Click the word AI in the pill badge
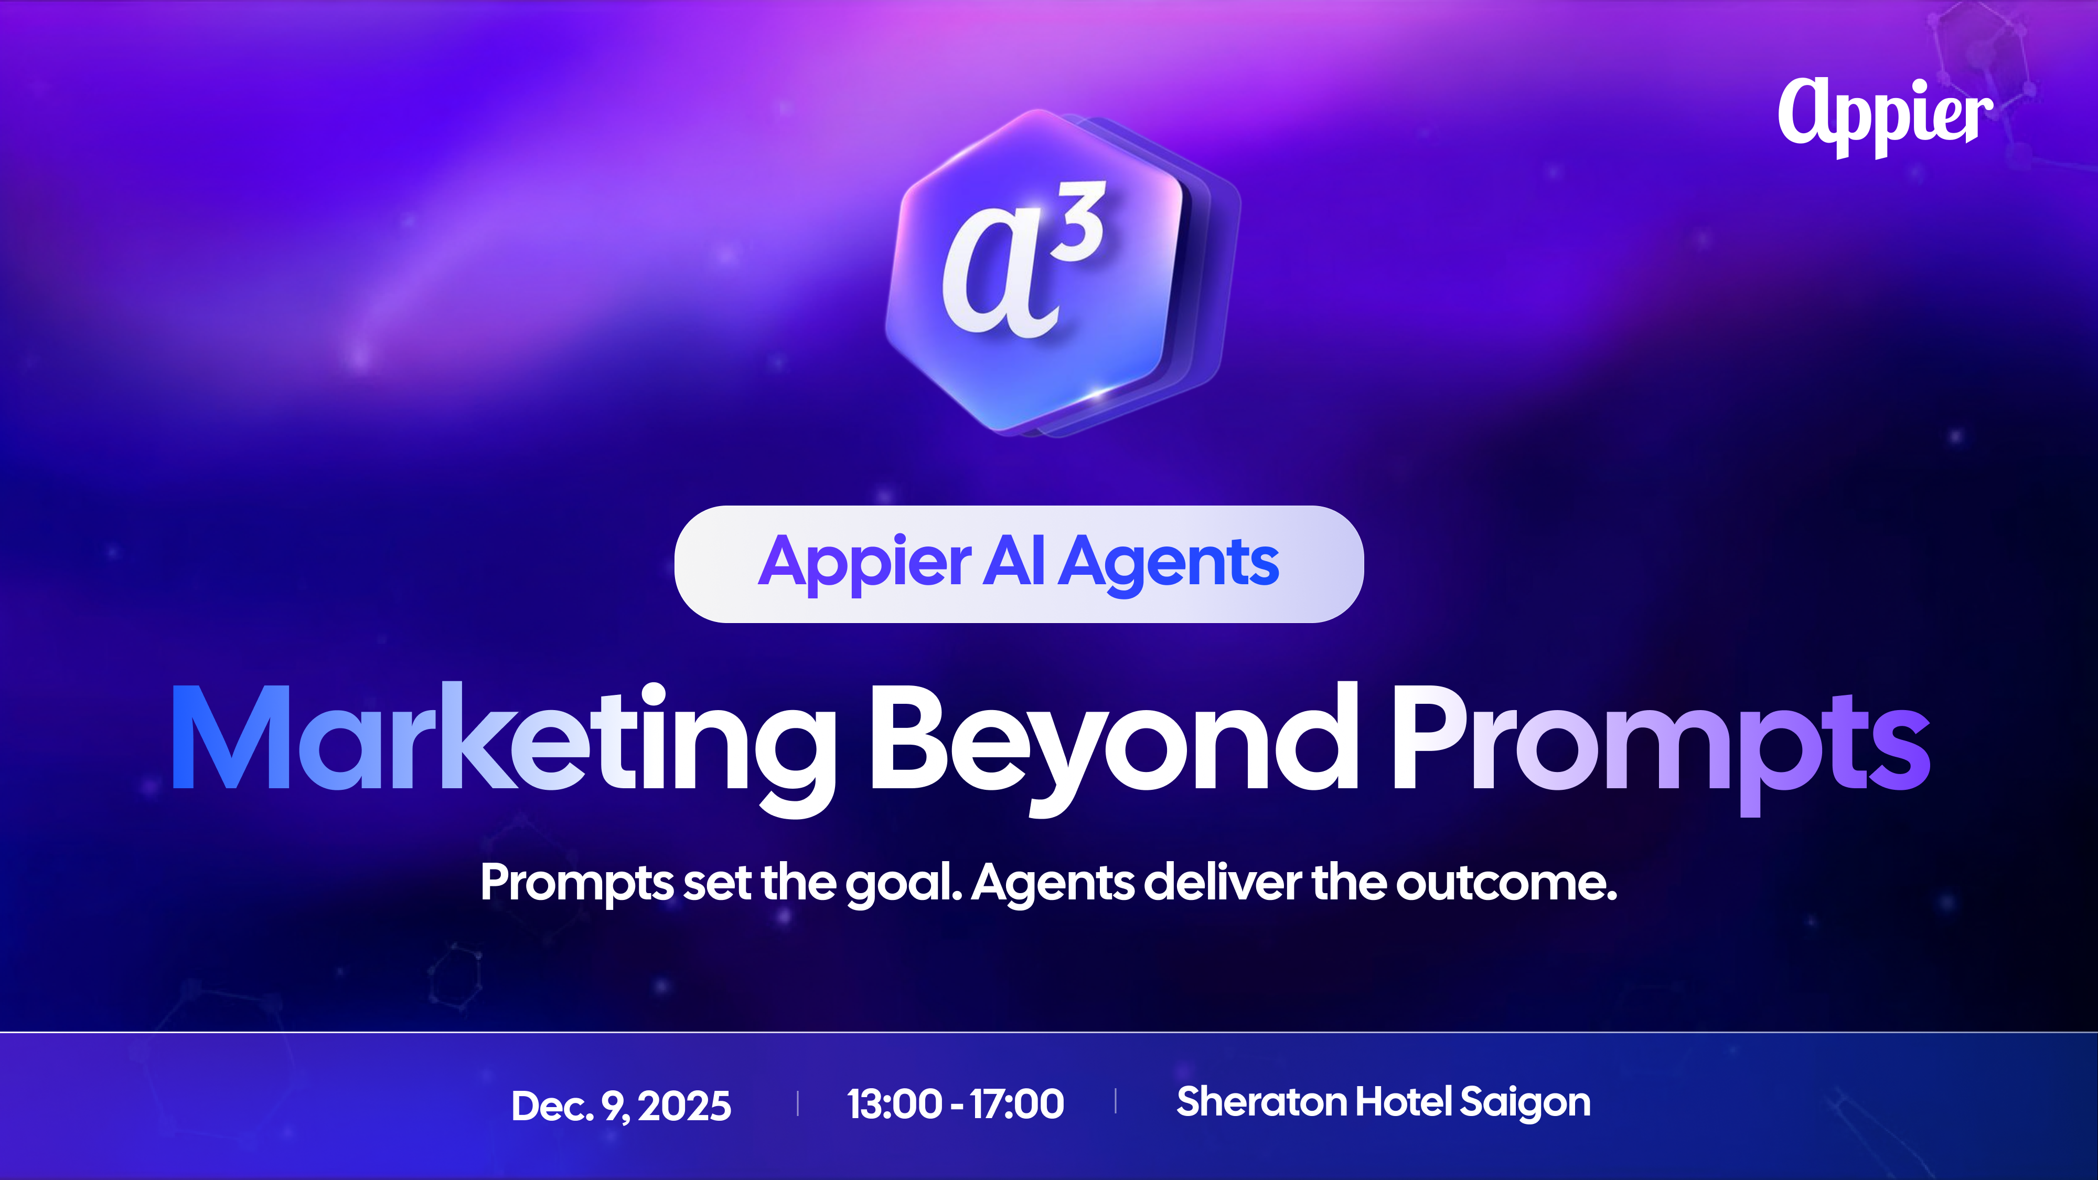(1013, 562)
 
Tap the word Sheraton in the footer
(1261, 1102)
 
